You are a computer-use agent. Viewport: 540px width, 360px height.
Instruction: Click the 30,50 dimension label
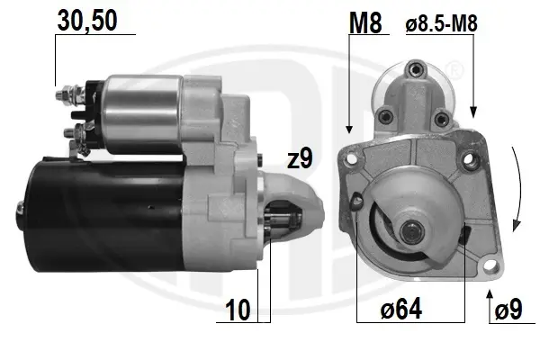[87, 21]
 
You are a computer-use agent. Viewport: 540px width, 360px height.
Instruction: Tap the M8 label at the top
[365, 23]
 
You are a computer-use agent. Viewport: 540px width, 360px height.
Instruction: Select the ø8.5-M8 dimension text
[442, 24]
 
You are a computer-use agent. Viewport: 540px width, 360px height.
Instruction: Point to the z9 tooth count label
[300, 158]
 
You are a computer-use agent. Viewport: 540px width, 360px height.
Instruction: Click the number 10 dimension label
[238, 310]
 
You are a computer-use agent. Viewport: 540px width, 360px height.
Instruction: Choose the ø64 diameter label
[400, 309]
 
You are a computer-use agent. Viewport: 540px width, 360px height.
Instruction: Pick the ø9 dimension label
[508, 309]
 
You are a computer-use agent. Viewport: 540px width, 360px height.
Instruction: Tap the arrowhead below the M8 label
[349, 130]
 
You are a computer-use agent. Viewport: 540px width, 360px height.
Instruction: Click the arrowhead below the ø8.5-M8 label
[473, 112]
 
